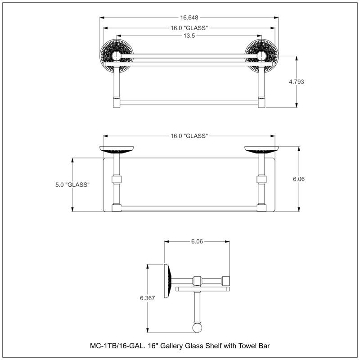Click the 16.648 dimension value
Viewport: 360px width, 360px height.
coord(189,18)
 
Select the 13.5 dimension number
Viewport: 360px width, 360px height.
coord(189,36)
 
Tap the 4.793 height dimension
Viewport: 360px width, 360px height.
coord(297,82)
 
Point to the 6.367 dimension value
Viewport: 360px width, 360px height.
coord(148,298)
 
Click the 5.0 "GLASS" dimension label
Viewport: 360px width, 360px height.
coord(72,185)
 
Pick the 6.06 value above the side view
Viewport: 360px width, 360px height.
coord(197,242)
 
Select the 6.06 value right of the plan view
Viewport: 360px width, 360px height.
coord(299,179)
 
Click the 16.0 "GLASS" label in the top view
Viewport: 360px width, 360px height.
coord(189,28)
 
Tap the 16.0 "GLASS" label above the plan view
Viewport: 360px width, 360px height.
coord(189,136)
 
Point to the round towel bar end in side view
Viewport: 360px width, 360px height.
coord(197,328)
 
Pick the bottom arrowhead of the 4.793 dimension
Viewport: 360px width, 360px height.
coord(297,105)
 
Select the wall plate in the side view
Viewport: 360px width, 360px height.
coord(168,281)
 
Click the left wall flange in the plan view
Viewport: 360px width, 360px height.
coord(117,150)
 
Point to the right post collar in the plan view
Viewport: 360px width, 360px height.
coord(261,179)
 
